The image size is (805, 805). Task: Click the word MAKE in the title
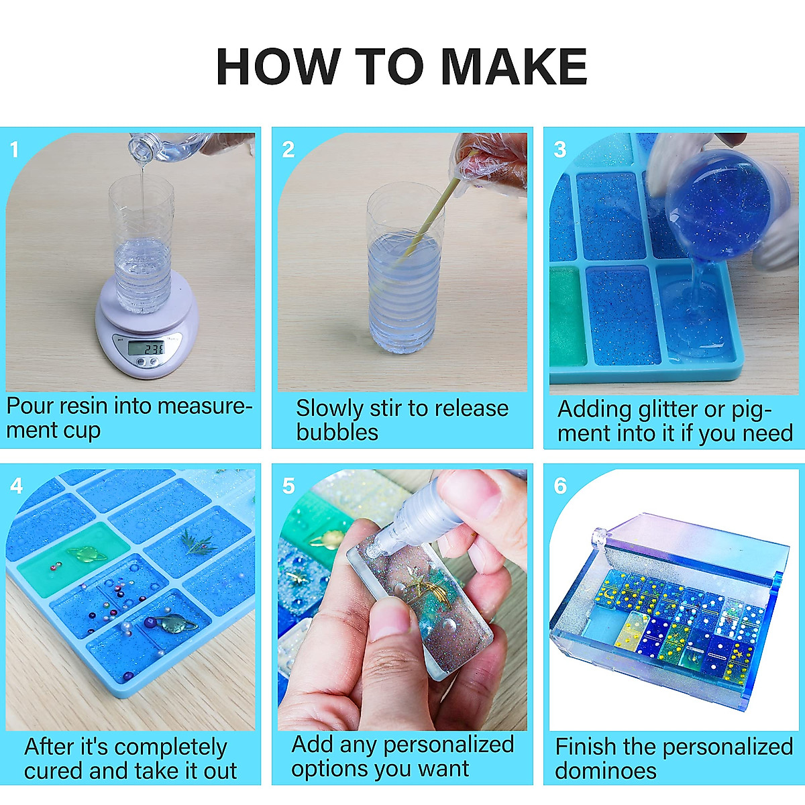(514, 67)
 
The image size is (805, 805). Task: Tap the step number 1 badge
(15, 149)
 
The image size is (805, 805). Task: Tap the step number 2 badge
(288, 149)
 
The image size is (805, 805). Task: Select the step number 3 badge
(560, 149)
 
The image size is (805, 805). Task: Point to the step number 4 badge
(17, 486)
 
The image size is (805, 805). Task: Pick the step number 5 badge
(288, 486)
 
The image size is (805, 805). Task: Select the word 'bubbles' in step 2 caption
(337, 432)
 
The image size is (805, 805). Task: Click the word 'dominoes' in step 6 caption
(606, 770)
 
